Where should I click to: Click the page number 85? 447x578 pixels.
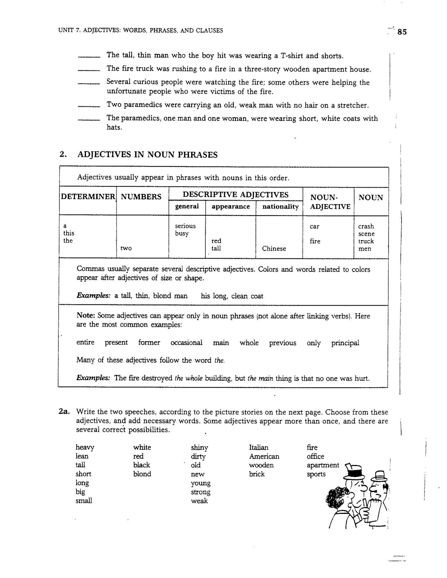(402, 32)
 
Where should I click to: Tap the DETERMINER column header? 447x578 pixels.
(88, 197)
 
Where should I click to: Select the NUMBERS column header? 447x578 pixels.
(141, 197)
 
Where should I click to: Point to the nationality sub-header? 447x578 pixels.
(280, 206)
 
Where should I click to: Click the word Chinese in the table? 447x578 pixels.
(274, 249)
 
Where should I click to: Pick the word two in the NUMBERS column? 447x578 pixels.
(126, 249)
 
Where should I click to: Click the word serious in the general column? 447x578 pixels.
(185, 226)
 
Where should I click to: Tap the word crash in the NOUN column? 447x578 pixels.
(366, 226)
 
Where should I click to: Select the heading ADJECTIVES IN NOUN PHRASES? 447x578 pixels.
(147, 155)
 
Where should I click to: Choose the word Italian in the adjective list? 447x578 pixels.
(259, 447)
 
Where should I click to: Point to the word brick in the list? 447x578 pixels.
(257, 474)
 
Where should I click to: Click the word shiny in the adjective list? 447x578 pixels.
(200, 448)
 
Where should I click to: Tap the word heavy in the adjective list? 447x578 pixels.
(85, 448)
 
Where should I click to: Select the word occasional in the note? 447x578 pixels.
(186, 342)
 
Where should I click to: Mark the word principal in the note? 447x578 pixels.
(345, 343)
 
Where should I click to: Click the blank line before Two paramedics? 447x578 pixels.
(89, 107)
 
